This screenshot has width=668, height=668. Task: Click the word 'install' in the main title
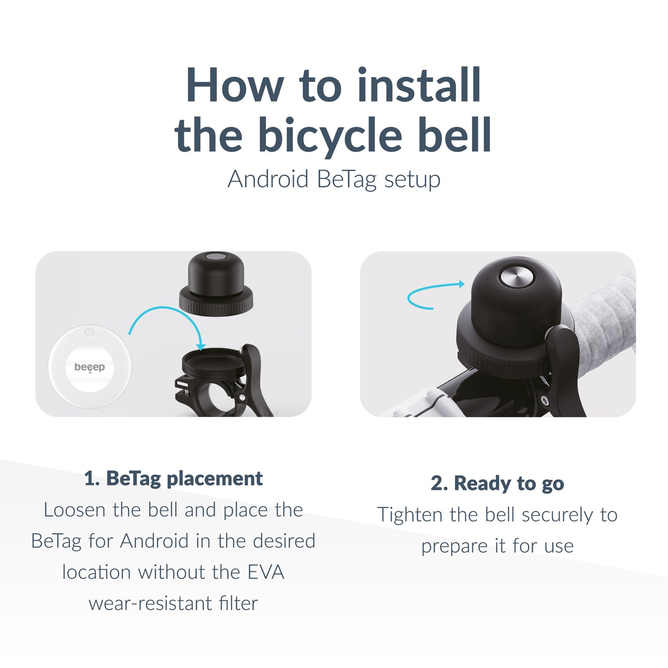(x=419, y=86)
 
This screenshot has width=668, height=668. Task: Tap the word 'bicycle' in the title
(x=330, y=135)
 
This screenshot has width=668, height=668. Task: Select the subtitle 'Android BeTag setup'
(x=334, y=179)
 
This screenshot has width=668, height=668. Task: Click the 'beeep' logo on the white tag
(x=90, y=367)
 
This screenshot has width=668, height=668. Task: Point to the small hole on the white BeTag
(x=90, y=332)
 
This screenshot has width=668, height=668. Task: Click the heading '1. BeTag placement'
(x=173, y=478)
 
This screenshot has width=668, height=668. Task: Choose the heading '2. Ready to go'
(x=497, y=484)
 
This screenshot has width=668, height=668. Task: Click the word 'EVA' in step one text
(x=266, y=572)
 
